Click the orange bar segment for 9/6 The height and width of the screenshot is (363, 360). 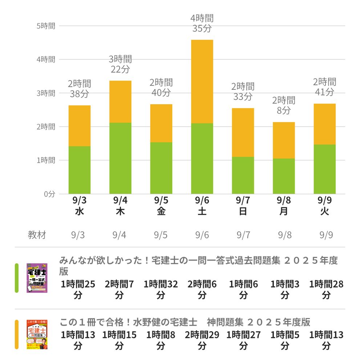point(202,82)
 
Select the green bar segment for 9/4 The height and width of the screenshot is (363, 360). point(120,158)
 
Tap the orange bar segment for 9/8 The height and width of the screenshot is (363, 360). point(284,140)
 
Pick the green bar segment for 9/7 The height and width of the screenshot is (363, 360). point(243,175)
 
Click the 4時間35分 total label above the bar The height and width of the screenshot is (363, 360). point(202,23)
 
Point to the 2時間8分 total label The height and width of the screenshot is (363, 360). point(284,105)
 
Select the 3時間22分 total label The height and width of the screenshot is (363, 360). point(120,64)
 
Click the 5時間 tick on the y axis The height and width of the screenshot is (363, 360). point(46,26)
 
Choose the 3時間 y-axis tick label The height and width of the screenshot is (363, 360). point(46,93)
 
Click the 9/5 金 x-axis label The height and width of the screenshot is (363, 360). point(161,206)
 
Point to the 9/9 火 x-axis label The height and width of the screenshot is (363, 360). point(324,206)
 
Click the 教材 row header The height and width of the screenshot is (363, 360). point(37,235)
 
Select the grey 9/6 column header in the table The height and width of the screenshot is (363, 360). point(202,235)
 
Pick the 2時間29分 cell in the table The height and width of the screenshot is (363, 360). point(202,340)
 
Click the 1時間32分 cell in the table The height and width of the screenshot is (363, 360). point(161,290)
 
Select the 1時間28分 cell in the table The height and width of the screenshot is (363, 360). point(326,290)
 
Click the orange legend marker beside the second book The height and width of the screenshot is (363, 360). point(17,334)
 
